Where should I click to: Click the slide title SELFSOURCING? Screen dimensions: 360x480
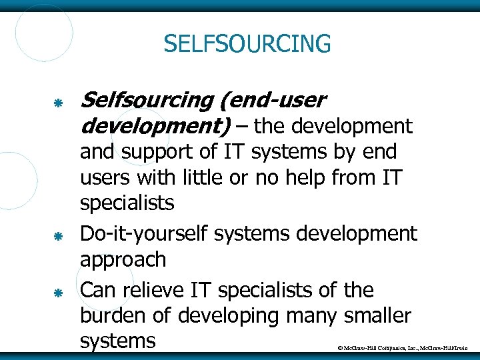point(247,45)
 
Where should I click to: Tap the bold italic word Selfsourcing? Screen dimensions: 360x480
point(145,101)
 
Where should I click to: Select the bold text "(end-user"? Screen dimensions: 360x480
point(271,101)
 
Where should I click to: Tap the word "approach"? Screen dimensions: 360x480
point(123,260)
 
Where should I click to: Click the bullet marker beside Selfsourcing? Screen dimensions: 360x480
point(58,103)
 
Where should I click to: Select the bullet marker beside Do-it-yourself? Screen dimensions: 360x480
point(58,237)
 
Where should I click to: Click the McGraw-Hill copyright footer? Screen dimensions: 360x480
point(403,349)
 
